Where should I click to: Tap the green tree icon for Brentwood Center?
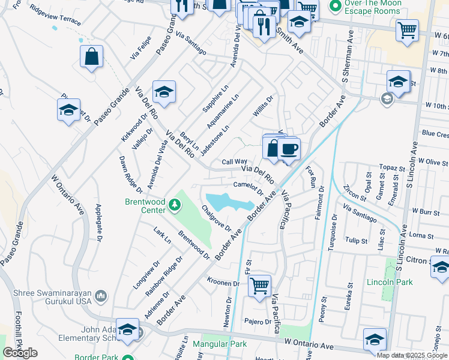175,206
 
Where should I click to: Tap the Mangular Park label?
220,344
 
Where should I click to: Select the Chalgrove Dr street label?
217,218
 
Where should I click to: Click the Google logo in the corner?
20,353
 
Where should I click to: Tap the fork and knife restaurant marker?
264,26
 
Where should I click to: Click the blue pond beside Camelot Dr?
228,202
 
